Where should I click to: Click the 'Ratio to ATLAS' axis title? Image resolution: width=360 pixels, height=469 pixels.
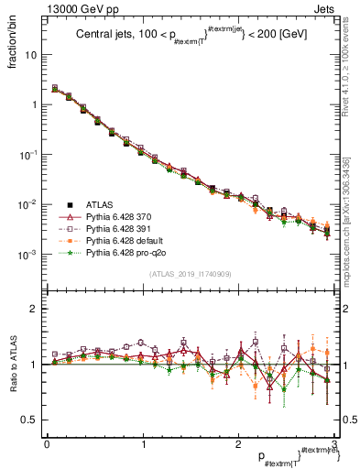pyautogui.click(x=12, y=364)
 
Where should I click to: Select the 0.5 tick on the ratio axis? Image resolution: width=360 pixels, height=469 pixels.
pyautogui.click(x=31, y=420)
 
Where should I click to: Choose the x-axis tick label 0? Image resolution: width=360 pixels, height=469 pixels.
pyautogui.click(x=47, y=444)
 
